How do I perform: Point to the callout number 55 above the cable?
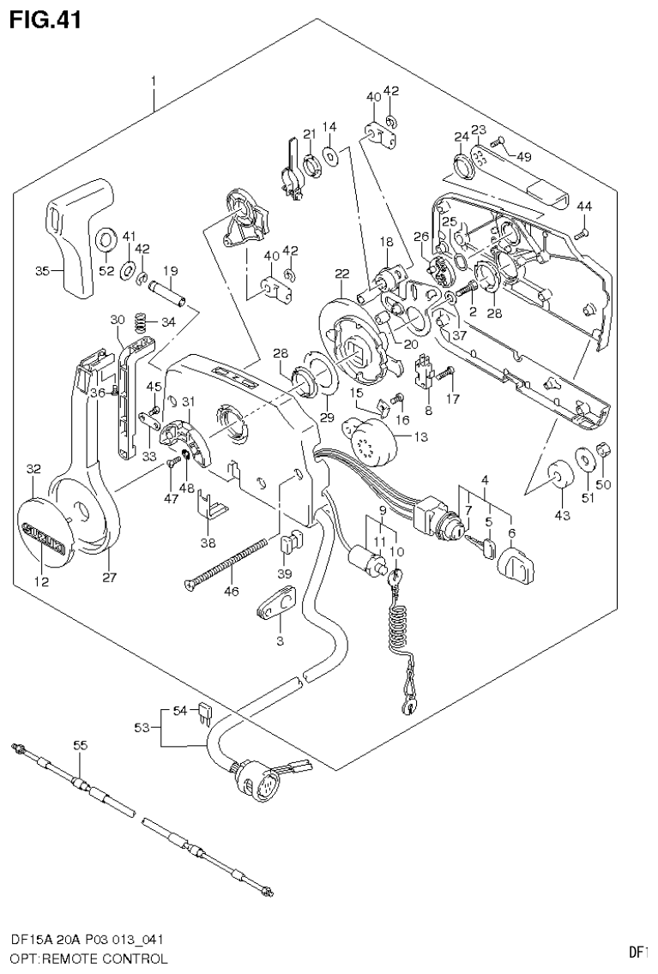80,747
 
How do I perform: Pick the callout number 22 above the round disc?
341,274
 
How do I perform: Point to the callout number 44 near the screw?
584,206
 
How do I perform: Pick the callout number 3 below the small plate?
279,641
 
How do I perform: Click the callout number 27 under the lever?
109,577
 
